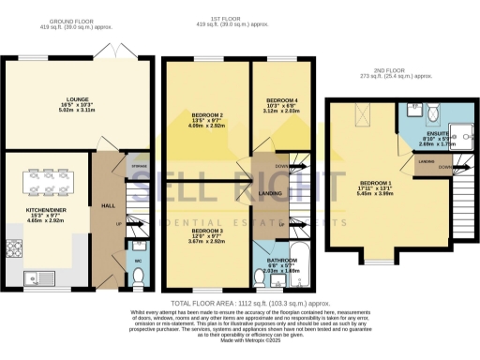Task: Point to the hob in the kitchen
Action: (x=14, y=247)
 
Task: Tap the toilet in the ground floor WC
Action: (x=138, y=276)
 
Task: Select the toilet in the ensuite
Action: (x=430, y=112)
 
